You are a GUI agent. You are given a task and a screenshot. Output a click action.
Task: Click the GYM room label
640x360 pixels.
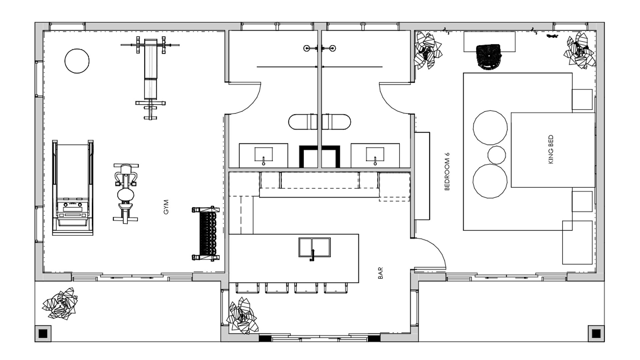pos(166,207)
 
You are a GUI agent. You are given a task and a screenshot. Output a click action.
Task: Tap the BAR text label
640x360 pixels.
pos(380,273)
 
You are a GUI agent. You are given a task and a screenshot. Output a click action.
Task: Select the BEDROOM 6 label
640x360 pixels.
pos(447,171)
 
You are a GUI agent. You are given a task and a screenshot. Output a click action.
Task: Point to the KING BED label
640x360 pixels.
pos(550,149)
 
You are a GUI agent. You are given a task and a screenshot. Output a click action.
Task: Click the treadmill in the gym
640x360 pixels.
pos(73,188)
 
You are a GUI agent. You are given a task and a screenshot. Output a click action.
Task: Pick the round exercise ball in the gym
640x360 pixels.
pos(77,61)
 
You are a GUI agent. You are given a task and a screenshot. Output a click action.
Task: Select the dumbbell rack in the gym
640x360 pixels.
pos(206,233)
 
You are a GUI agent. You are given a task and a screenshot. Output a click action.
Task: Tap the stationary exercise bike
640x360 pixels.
pos(126,193)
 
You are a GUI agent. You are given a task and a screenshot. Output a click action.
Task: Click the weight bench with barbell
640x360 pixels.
pos(150,78)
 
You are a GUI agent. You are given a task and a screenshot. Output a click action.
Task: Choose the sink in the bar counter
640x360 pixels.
pos(314,247)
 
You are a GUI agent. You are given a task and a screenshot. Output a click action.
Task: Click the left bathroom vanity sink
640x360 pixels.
pos(263,155)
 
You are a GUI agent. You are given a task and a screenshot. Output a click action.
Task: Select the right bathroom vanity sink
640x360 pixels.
pos(375,155)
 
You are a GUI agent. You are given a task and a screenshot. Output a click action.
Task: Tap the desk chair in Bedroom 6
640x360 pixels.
pos(489,57)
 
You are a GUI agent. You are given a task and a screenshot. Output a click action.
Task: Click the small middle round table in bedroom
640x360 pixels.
pos(497,155)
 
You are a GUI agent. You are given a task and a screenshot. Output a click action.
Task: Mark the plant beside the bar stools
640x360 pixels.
pos(242,315)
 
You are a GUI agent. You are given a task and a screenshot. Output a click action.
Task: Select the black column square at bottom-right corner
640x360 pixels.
pos(596,333)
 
